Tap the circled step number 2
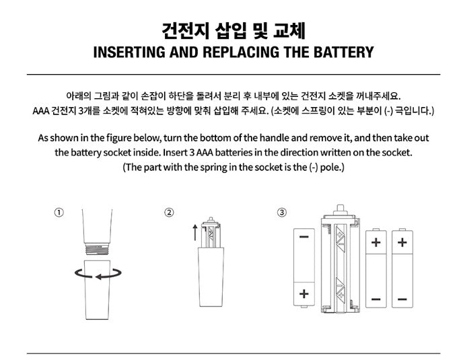(169, 213)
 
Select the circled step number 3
(281, 213)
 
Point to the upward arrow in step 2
(195, 233)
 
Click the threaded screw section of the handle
(98, 248)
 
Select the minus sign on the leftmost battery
(304, 237)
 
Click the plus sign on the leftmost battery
(304, 293)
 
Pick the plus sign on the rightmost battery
(402, 242)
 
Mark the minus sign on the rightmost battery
(402, 298)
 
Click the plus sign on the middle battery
(376, 242)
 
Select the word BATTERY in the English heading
(339, 52)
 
